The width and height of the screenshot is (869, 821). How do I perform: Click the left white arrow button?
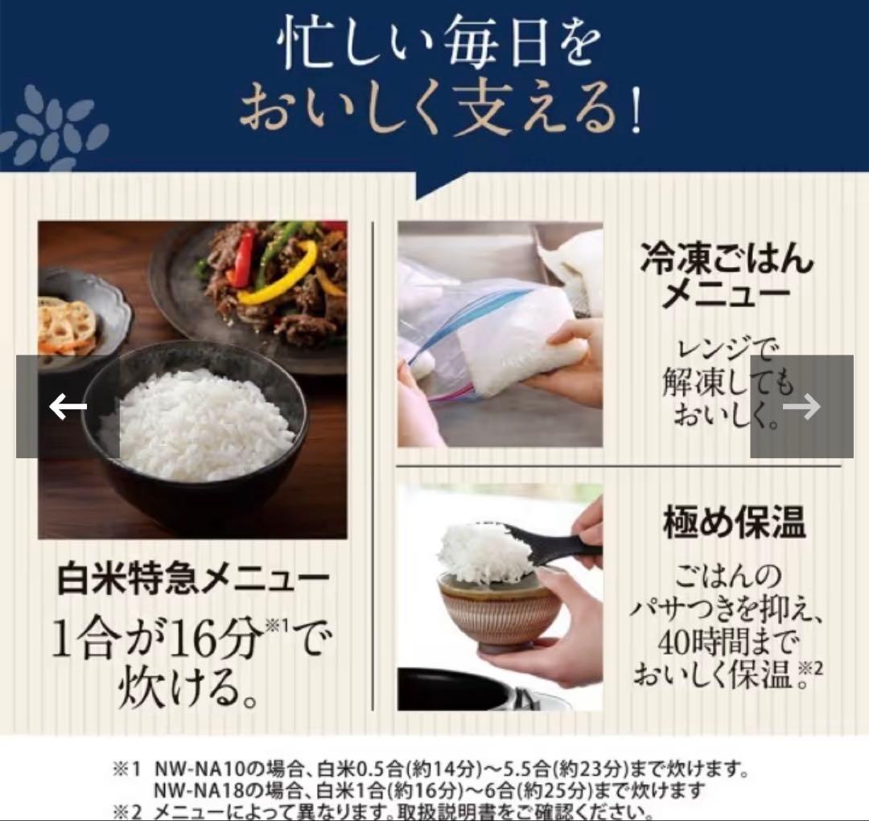click(x=68, y=407)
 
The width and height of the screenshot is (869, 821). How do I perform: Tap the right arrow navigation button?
click(x=801, y=407)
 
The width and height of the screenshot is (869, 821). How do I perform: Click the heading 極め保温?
click(x=734, y=523)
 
